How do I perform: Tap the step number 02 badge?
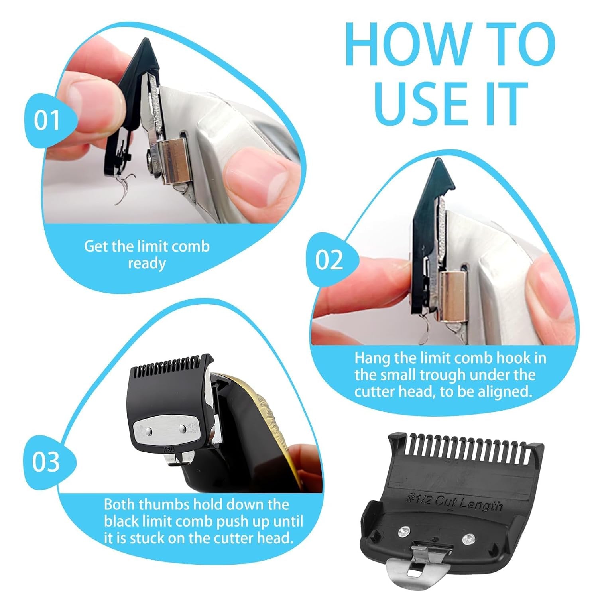(x=329, y=260)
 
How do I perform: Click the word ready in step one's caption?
(x=147, y=264)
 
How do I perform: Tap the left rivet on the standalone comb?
(x=404, y=531)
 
